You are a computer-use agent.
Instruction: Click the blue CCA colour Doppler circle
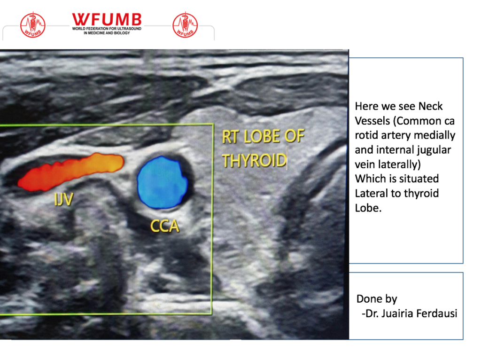[x=162, y=182]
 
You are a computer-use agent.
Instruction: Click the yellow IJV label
[x=63, y=199]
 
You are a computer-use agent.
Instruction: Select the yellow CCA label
[x=165, y=226]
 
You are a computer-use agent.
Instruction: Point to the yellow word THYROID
[x=254, y=161]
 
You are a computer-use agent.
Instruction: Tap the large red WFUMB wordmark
[x=107, y=20]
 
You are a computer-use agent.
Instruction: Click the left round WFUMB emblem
[x=33, y=25]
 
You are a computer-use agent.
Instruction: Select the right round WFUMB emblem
[x=185, y=25]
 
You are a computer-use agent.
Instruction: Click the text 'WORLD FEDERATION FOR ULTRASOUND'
[x=107, y=29]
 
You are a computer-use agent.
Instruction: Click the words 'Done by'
[x=377, y=299]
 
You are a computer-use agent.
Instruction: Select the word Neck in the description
[x=430, y=106]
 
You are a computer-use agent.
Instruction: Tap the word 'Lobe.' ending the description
[x=368, y=208]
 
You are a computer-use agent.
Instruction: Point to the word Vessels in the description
[x=372, y=121]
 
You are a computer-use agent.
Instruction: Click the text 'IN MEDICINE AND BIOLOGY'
[x=107, y=33]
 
